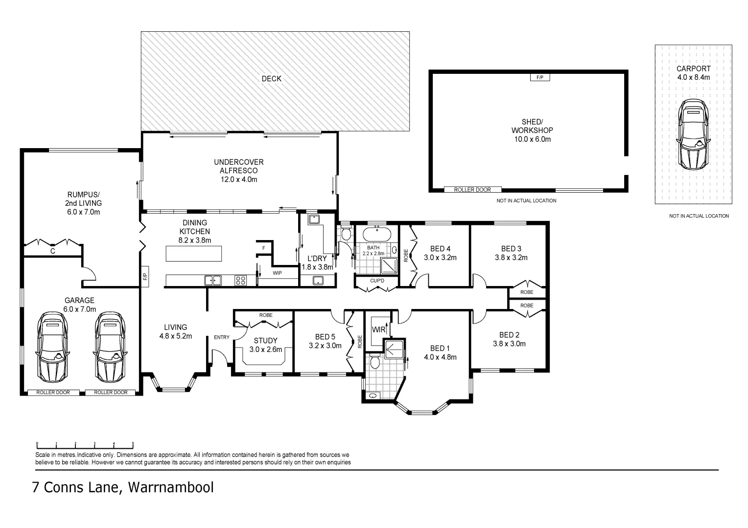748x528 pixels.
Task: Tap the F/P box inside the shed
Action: click(539, 77)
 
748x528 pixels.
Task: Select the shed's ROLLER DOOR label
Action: click(472, 190)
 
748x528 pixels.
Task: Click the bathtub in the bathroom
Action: click(376, 234)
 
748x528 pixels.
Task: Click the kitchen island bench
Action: click(194, 254)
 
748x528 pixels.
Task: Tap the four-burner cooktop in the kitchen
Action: click(240, 280)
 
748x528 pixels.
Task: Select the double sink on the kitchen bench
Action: click(213, 280)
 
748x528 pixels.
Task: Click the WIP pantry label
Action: click(277, 273)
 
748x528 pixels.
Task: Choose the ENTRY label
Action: click(222, 337)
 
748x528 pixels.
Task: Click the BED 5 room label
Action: click(325, 337)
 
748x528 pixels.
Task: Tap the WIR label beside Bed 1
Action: click(379, 330)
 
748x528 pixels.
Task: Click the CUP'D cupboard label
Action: click(377, 281)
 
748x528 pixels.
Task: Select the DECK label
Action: click(272, 79)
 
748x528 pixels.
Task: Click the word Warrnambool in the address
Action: click(171, 487)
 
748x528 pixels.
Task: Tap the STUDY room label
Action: click(265, 341)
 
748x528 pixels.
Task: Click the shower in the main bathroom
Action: click(389, 266)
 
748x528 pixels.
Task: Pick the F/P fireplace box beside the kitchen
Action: click(145, 277)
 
